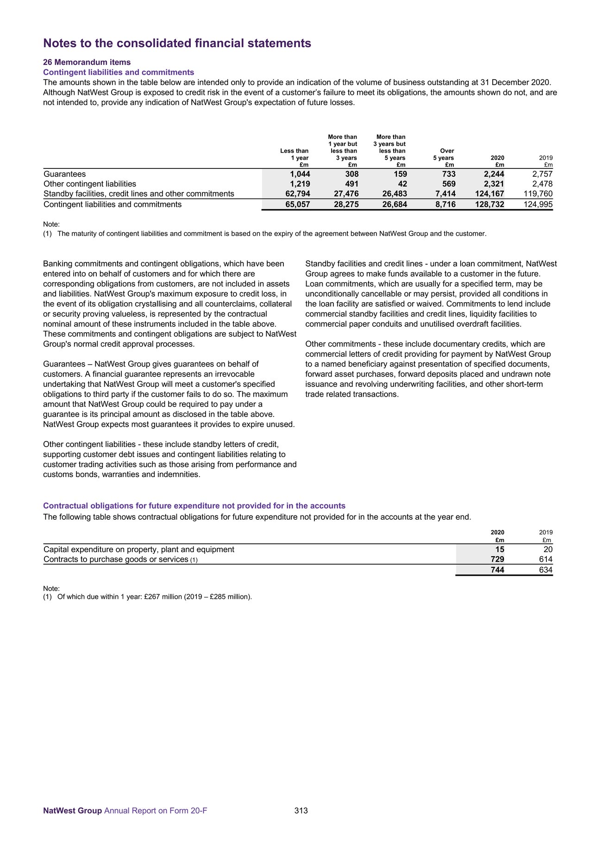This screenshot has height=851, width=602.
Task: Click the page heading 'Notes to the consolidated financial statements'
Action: [177, 43]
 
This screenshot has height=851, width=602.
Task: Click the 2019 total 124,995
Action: [537, 204]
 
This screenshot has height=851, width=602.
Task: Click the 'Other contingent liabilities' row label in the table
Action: [90, 184]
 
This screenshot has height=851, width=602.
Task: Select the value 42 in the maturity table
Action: [402, 184]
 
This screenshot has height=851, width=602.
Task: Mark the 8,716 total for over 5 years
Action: [445, 204]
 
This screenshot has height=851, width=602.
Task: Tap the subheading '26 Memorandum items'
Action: [87, 62]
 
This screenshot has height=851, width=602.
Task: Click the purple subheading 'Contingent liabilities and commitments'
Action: [119, 72]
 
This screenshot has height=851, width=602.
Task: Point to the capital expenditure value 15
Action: [499, 549]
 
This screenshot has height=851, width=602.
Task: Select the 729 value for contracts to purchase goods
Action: [497, 559]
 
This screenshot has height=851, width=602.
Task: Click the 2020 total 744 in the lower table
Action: [497, 570]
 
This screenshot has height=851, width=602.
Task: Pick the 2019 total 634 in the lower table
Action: [546, 570]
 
